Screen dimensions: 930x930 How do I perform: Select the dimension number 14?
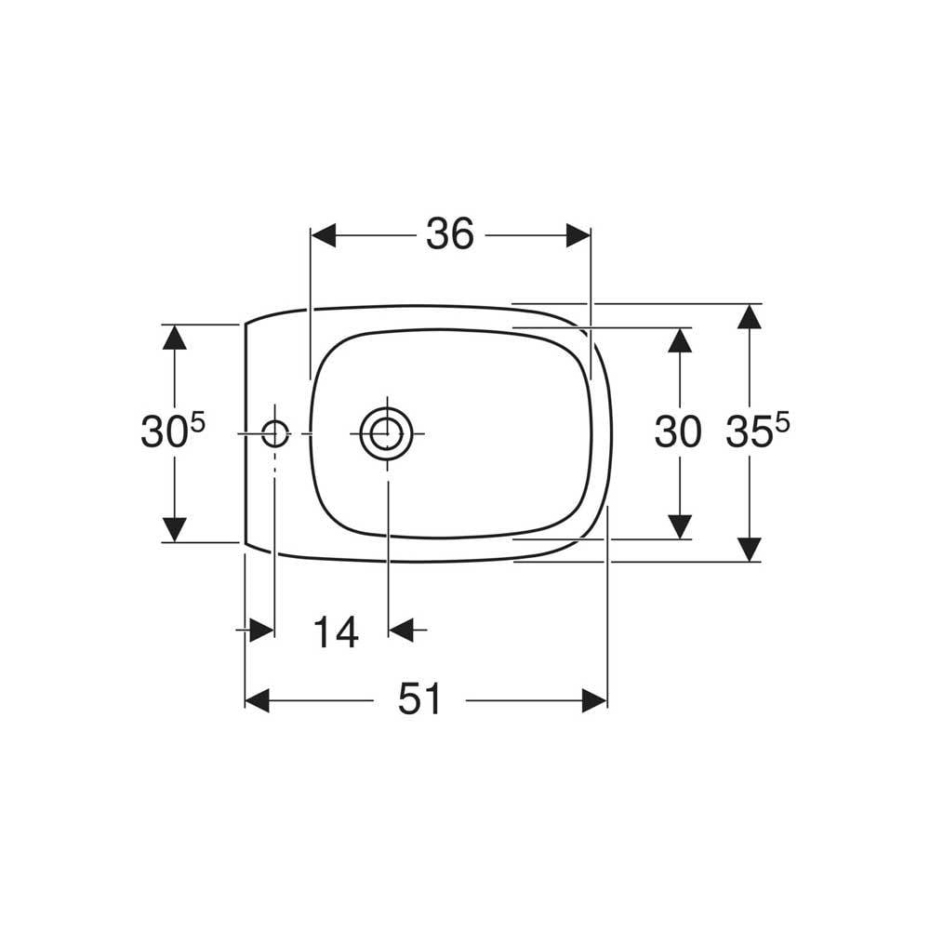coord(336,632)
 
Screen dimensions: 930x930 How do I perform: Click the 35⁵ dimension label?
coord(758,430)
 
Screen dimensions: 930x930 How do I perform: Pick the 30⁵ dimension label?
coord(173,430)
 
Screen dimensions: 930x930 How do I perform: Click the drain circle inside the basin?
coord(387,433)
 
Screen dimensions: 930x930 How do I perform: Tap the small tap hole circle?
coord(274,433)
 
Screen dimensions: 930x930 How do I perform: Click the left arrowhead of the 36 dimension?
coord(324,235)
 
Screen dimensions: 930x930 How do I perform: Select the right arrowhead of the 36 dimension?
coord(578,235)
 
